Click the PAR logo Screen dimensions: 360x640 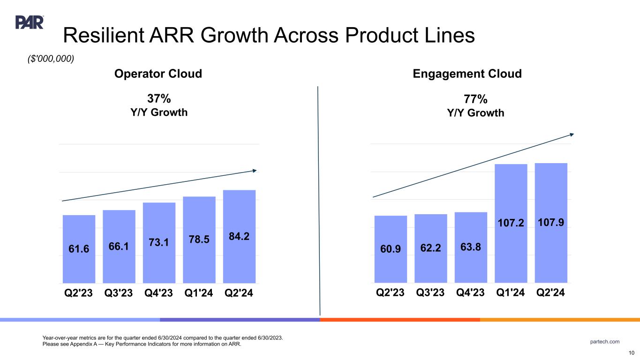pyautogui.click(x=30, y=22)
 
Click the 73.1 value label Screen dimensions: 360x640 pyautogui.click(x=159, y=242)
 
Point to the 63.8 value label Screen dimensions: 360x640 pyautogui.click(x=471, y=246)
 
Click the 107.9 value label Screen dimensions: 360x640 pyautogui.click(x=551, y=220)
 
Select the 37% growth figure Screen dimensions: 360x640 pyautogui.click(x=159, y=99)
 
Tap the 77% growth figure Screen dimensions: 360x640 pyautogui.click(x=475, y=99)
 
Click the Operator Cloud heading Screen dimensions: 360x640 pyautogui.click(x=159, y=74)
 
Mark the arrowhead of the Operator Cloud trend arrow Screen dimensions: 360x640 pyautogui.click(x=255, y=170)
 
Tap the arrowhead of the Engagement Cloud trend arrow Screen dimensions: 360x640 pyautogui.click(x=572, y=135)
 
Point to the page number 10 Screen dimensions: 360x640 pyautogui.click(x=631, y=353)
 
